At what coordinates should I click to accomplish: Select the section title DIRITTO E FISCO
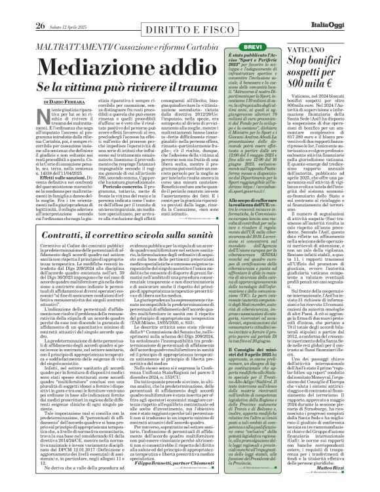155,10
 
